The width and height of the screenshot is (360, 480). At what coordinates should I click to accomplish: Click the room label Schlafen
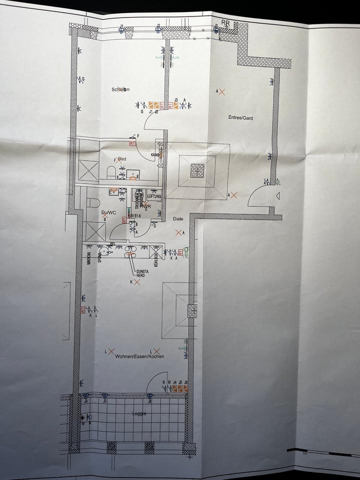(x=120, y=89)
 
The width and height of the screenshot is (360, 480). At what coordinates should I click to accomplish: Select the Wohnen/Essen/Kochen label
(x=139, y=356)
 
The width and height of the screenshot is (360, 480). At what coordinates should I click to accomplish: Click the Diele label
(x=178, y=218)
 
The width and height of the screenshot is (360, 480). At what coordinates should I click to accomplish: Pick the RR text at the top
(x=226, y=22)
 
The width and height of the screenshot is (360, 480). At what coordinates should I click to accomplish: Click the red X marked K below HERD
(x=136, y=282)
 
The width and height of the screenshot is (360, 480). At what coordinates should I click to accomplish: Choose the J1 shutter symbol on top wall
(x=121, y=29)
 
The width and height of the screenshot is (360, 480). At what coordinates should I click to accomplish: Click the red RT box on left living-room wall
(x=82, y=310)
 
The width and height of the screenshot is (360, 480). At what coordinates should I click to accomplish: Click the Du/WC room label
(x=108, y=212)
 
